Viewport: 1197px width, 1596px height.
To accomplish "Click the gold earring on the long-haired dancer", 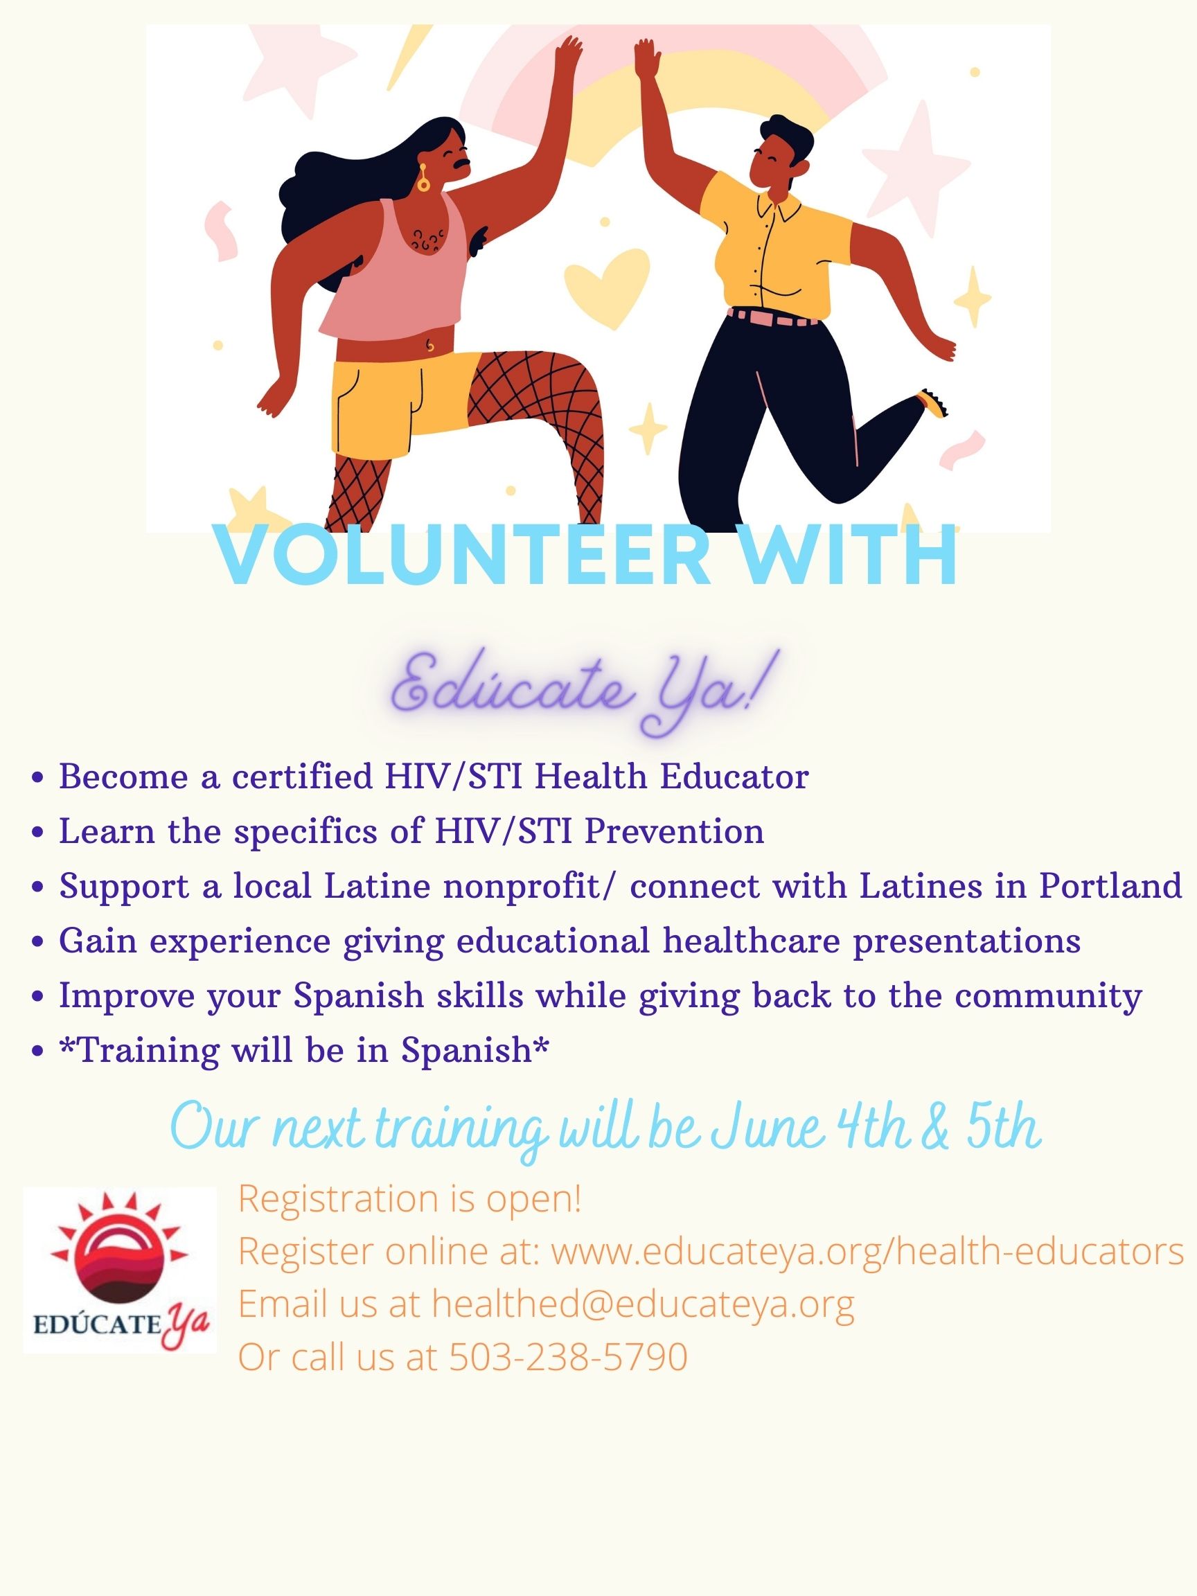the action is (x=423, y=178).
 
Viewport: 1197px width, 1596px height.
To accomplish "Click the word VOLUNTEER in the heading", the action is (x=463, y=558).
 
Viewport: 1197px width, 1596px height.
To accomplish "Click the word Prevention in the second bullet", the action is (x=674, y=831).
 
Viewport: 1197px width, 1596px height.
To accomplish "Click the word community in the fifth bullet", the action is (x=1049, y=995).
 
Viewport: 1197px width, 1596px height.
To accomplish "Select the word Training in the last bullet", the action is (x=148, y=1051).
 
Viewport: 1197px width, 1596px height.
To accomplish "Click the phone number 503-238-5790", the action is (x=569, y=1357).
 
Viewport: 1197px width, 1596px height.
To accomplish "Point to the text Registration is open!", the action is (x=410, y=1199).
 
